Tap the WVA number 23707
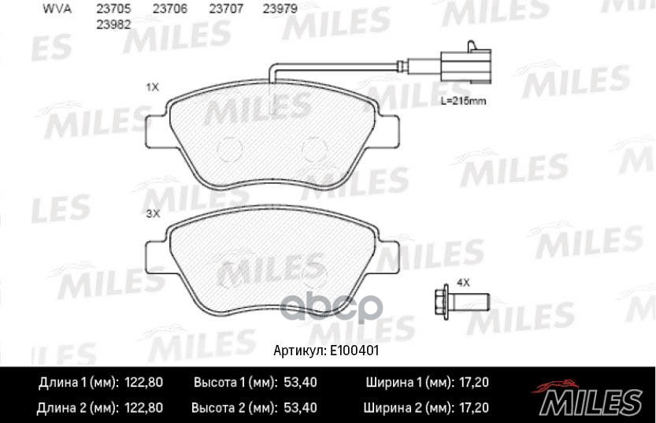coord(226,9)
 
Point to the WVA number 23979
coord(280,9)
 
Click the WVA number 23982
coord(113,24)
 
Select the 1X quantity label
coord(153,87)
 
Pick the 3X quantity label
coord(153,213)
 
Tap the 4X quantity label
coord(463,282)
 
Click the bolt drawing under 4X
coord(462,300)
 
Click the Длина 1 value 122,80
coord(144,383)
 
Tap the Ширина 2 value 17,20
coord(473,408)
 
